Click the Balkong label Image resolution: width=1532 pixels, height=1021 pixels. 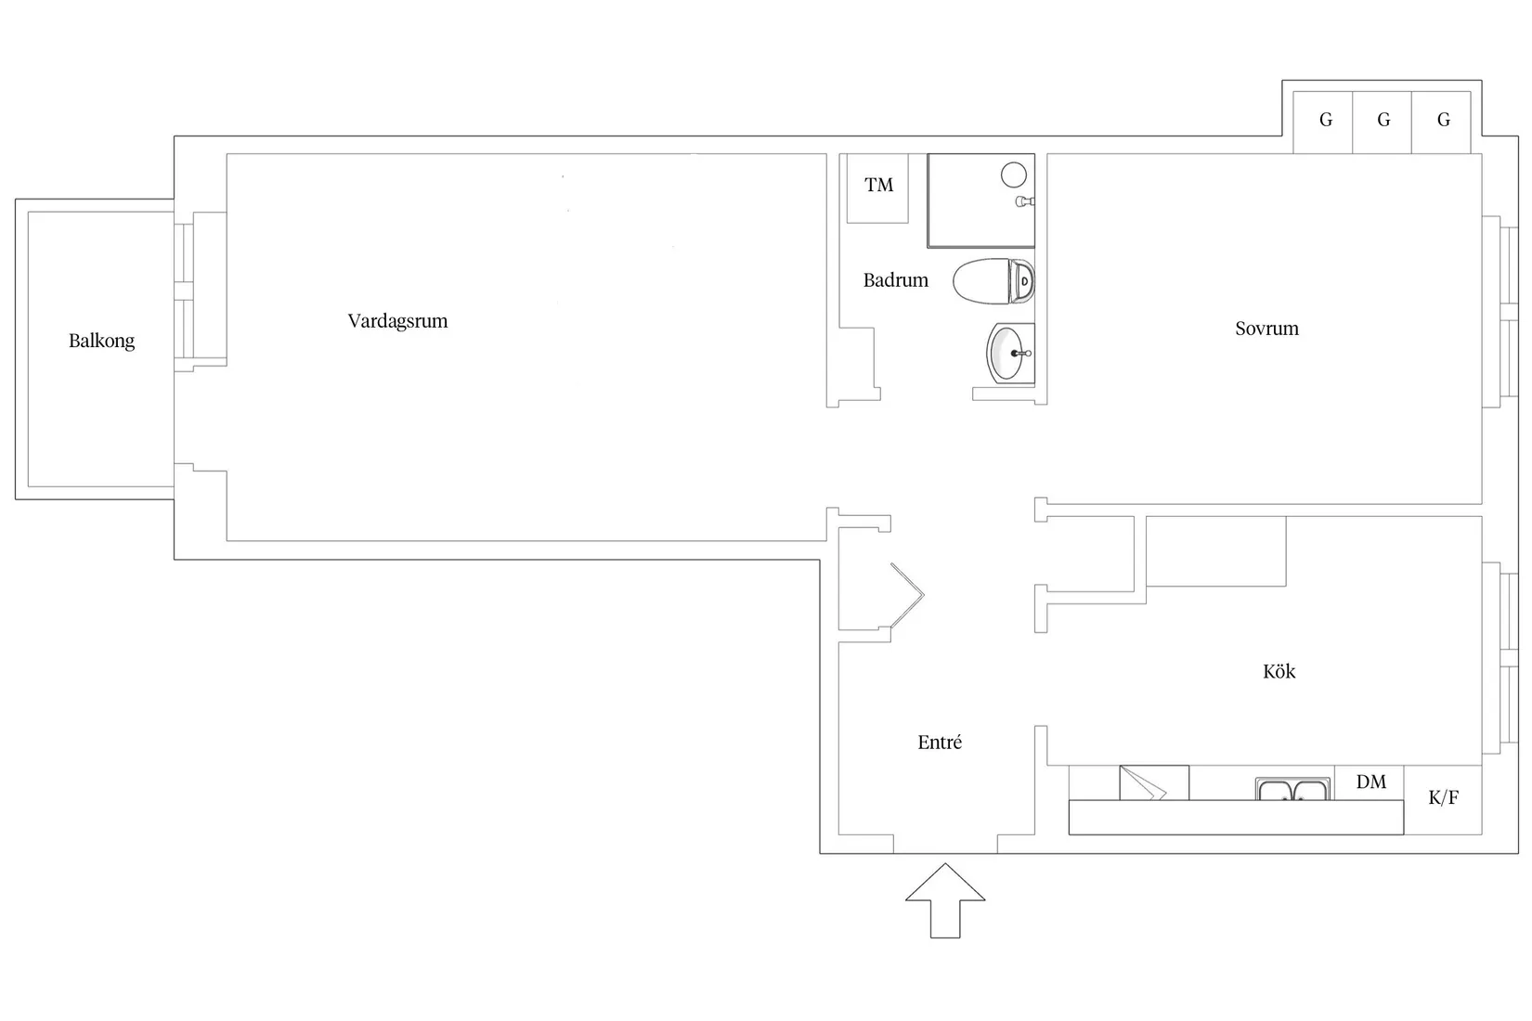pyautogui.click(x=101, y=341)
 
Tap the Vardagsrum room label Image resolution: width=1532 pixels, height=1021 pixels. pyautogui.click(x=397, y=321)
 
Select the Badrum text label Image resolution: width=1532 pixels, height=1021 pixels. pyautogui.click(x=895, y=280)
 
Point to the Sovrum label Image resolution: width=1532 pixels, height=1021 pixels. pyautogui.click(x=1266, y=329)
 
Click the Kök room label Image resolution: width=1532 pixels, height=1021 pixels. pyautogui.click(x=1279, y=671)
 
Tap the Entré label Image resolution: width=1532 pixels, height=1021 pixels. pyautogui.click(x=940, y=743)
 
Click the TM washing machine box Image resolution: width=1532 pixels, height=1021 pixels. pyautogui.click(x=877, y=187)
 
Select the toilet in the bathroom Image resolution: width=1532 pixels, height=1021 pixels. pyautogui.click(x=994, y=281)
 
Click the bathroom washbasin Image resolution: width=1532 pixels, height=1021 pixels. pyautogui.click(x=1009, y=354)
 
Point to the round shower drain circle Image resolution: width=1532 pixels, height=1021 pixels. pyautogui.click(x=1013, y=174)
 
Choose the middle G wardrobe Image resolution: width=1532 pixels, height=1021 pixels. pyautogui.click(x=1383, y=122)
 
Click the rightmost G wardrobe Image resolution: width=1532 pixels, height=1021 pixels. pyautogui.click(x=1442, y=122)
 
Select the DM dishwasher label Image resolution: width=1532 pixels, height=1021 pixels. pyautogui.click(x=1370, y=782)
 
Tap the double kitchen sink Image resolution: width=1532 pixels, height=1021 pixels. pyautogui.click(x=1292, y=790)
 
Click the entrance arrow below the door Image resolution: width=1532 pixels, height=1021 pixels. pyautogui.click(x=945, y=899)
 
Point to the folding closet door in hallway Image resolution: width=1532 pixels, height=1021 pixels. pyautogui.click(x=907, y=595)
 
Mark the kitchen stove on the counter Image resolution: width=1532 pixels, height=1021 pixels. pyautogui.click(x=1154, y=782)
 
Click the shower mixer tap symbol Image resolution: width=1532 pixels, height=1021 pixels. pyautogui.click(x=1024, y=200)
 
